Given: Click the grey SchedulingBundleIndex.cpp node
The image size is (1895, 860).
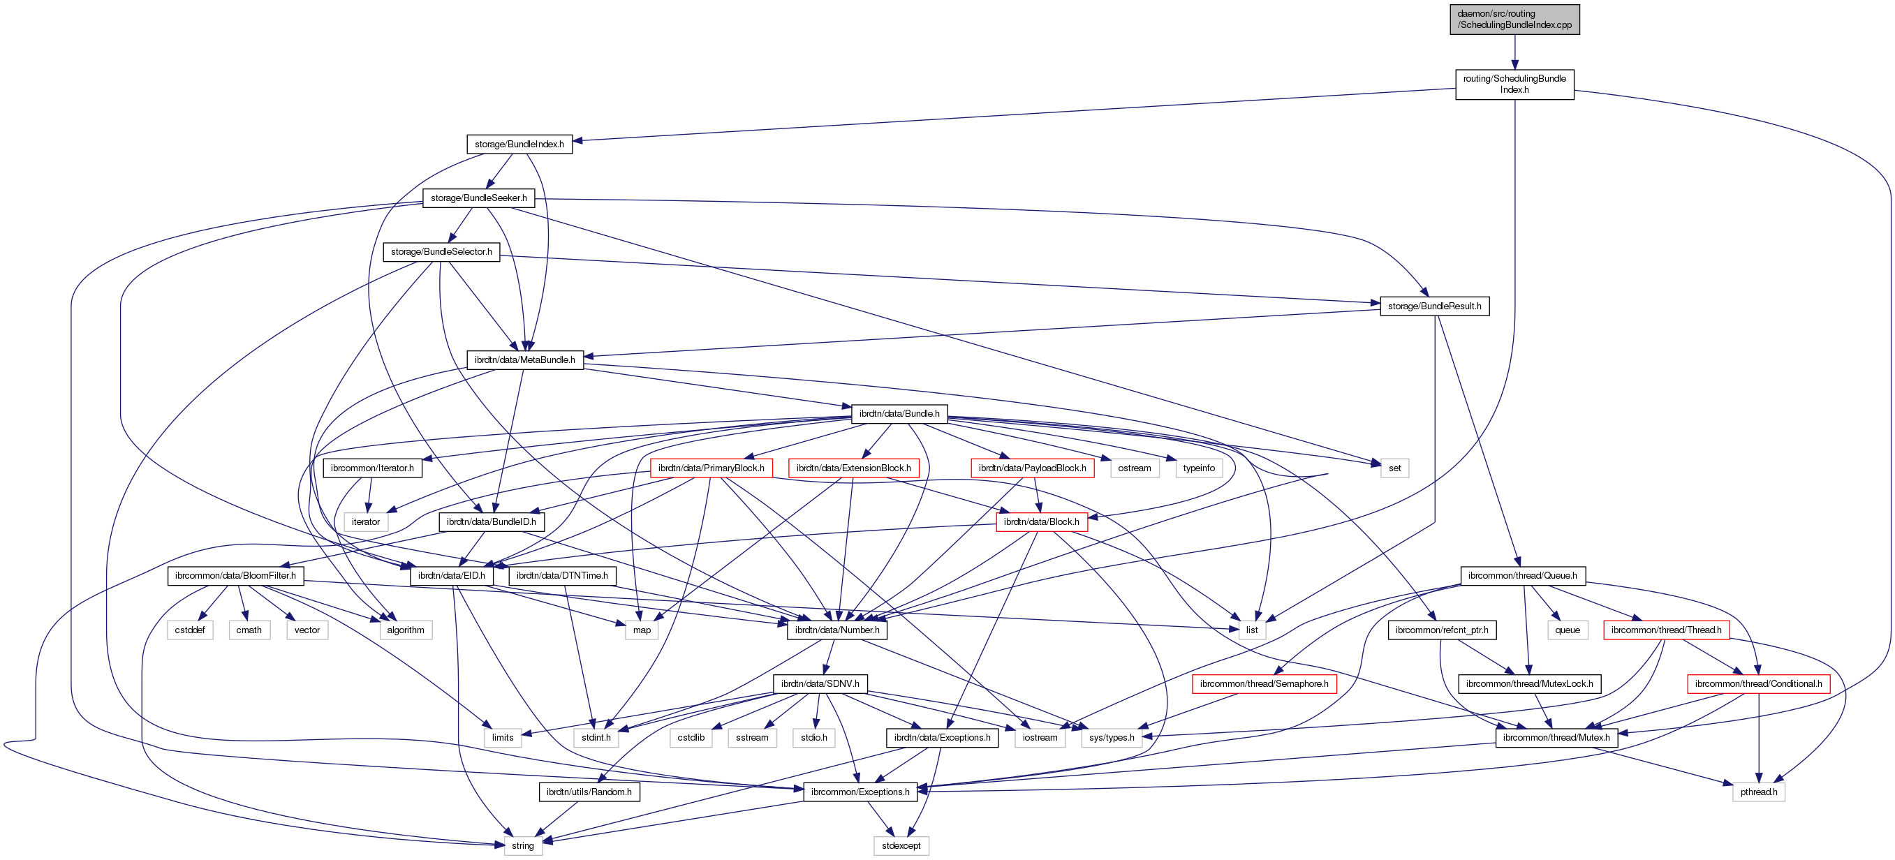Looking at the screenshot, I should click(1514, 19).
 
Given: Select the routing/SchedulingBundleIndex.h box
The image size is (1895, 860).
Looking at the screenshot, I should click(1514, 84).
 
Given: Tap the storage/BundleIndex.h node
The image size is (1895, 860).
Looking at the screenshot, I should click(519, 144).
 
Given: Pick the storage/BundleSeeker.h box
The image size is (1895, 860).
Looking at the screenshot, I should click(478, 198).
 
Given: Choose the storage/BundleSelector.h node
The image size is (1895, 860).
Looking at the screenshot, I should click(441, 251).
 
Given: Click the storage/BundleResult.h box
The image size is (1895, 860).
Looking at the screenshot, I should click(1433, 306).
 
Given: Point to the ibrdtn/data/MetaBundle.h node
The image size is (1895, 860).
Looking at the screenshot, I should click(524, 359).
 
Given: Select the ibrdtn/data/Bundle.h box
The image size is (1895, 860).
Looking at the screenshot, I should click(899, 413).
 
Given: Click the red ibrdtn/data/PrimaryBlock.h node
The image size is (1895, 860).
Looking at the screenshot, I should click(711, 468).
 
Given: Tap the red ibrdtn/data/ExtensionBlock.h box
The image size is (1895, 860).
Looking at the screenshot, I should click(853, 468).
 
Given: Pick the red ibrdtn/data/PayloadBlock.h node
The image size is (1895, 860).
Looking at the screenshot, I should click(1031, 468).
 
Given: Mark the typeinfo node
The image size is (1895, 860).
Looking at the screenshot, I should click(1198, 468).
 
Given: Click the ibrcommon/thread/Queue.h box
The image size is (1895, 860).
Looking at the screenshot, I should click(1522, 575).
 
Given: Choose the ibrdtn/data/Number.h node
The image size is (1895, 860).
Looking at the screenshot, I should click(836, 630).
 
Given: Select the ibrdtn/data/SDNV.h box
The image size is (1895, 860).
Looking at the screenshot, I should click(820, 683).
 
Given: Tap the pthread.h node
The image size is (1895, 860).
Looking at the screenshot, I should click(1758, 792).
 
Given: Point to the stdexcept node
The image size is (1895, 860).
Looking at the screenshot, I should click(901, 845).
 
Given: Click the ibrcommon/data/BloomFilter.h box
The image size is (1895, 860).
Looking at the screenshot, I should click(235, 575).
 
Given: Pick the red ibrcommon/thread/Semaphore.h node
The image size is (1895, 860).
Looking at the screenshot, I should click(1264, 683).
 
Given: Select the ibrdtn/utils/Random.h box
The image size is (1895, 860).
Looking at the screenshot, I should click(589, 792).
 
